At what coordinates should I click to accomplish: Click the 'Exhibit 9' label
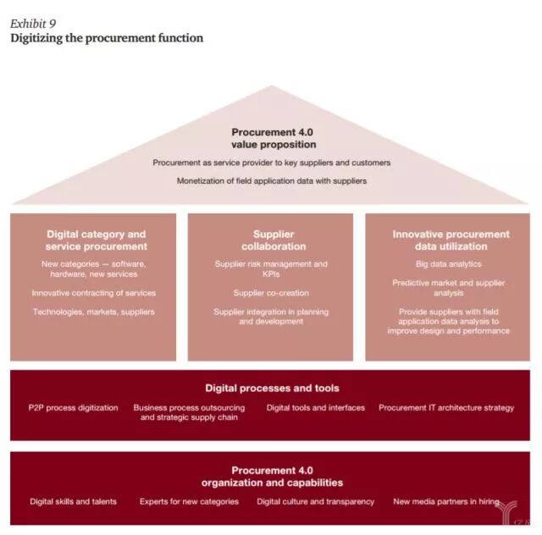point(33,23)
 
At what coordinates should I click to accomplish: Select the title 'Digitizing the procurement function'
point(107,38)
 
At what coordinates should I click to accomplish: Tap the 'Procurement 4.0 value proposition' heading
point(273,138)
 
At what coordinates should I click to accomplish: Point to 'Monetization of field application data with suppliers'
point(272,181)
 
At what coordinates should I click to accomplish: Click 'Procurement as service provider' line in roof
point(272,163)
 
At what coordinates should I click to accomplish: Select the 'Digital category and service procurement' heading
point(96,240)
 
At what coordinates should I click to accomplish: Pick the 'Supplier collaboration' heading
point(273,240)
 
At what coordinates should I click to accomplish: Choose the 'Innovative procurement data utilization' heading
point(451,240)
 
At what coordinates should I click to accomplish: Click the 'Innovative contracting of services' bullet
point(94,293)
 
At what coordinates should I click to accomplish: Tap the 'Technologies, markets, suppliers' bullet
point(94,312)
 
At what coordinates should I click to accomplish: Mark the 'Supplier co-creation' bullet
point(271,293)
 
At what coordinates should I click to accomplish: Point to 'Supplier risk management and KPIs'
point(271,269)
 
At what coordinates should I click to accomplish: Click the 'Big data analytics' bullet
point(449,264)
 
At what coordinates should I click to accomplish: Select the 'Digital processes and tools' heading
point(272,389)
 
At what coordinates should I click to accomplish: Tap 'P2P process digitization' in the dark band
point(74,407)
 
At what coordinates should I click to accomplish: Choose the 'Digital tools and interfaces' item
point(316,407)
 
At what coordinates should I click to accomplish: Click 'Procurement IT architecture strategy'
point(446,407)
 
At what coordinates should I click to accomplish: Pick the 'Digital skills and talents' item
point(74,501)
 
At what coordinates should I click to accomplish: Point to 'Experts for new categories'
point(189,501)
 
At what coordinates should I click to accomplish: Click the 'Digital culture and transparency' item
point(316,501)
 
